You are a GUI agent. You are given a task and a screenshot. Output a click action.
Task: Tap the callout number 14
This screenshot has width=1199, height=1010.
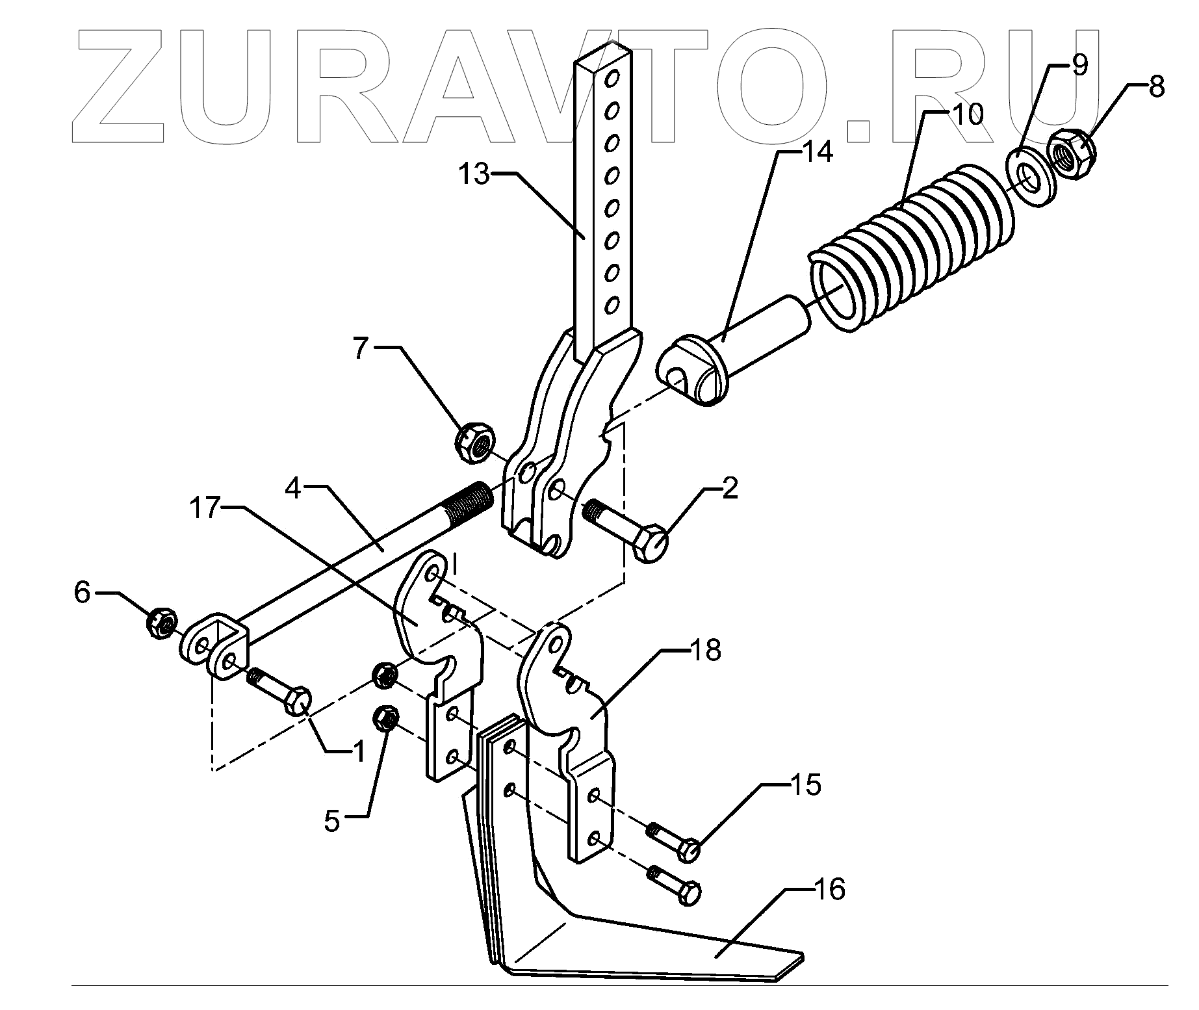816,153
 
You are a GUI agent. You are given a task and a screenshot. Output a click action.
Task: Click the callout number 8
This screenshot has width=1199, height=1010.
1155,86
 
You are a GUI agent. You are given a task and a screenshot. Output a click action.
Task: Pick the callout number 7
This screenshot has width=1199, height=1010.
362,348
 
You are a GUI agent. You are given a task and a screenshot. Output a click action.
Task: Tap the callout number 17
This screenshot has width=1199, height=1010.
206,509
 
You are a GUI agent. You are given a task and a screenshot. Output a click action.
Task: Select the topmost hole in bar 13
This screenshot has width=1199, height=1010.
610,79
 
